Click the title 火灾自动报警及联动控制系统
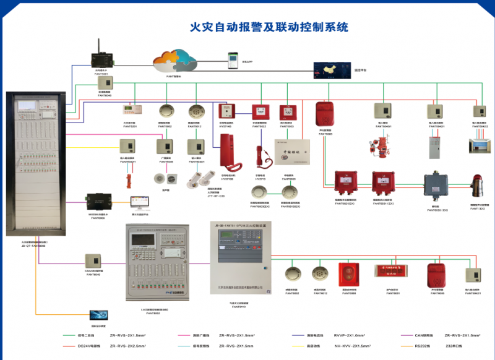click(x=269, y=27)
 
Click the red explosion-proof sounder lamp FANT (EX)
click(x=478, y=186)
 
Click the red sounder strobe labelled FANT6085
click(x=437, y=274)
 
